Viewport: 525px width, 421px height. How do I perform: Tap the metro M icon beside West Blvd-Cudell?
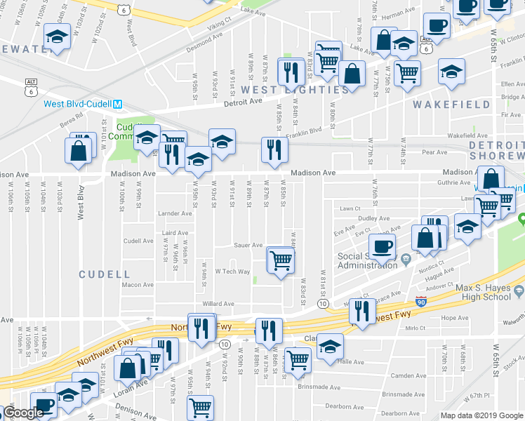pyautogui.click(x=118, y=104)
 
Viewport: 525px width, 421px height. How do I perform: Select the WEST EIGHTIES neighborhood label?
pyautogui.click(x=280, y=90)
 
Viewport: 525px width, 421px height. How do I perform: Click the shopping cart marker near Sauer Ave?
pyautogui.click(x=281, y=260)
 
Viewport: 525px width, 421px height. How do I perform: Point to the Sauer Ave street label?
pyautogui.click(x=248, y=246)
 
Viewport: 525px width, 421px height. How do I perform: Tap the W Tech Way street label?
pyautogui.click(x=232, y=271)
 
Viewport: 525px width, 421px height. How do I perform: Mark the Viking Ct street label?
pyautogui.click(x=218, y=23)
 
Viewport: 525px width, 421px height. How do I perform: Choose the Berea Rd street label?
pyautogui.click(x=71, y=120)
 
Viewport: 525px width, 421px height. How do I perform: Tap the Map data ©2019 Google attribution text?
pyautogui.click(x=481, y=415)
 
